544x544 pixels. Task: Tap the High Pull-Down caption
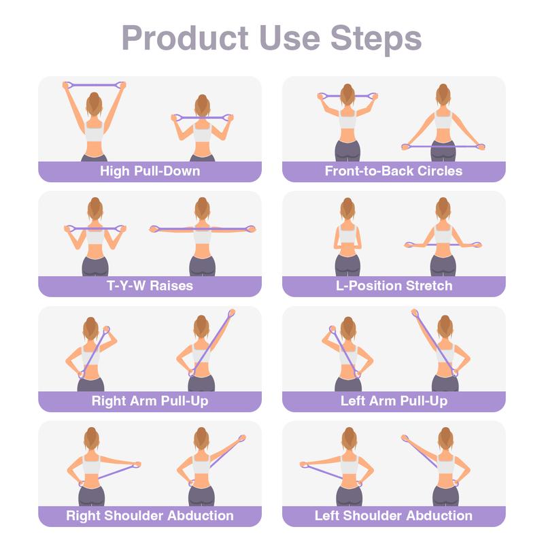pos(150,171)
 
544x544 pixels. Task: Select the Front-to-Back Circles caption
pos(394,171)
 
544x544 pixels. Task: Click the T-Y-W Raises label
pos(150,286)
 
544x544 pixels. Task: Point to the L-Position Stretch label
pos(394,286)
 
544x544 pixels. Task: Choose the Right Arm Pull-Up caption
pos(150,401)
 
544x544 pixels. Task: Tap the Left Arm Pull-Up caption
pos(394,401)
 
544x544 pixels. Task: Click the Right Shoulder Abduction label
pos(150,516)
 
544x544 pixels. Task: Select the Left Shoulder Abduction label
pos(394,516)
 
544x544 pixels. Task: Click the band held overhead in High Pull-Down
pos(95,84)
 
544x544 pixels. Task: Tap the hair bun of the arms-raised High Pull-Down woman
pos(95,96)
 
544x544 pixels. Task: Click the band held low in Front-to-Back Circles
pos(443,146)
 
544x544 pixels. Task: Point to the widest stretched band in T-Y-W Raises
pos(202,228)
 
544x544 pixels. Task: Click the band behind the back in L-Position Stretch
pos(443,244)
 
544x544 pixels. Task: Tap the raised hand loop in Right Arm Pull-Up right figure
pos(231,315)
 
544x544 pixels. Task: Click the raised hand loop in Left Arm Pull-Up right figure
pos(415,314)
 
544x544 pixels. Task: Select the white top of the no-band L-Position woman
pos(347,238)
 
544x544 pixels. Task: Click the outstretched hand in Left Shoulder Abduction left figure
pos(305,466)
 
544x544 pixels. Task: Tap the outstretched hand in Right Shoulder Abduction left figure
pos(137,466)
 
